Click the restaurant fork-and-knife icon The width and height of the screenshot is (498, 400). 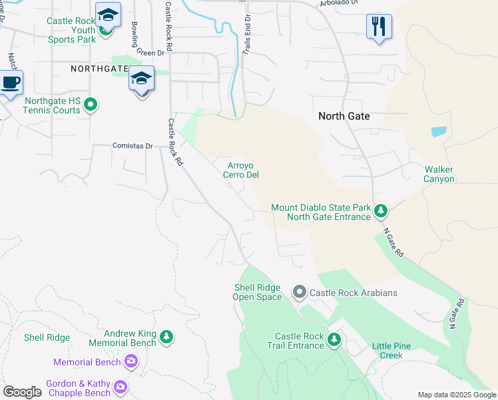(379, 27)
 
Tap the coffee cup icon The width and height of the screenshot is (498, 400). (11, 83)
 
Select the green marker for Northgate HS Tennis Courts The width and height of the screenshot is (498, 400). (92, 105)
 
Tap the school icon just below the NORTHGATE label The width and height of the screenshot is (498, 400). (141, 79)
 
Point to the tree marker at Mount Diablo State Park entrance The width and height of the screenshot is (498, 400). (380, 211)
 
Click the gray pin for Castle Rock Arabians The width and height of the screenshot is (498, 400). (300, 292)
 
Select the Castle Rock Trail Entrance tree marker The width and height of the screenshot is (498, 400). (334, 341)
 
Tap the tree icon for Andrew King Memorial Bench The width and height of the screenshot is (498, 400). (166, 338)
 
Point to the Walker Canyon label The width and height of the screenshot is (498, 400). (439, 174)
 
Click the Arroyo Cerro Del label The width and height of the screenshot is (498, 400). (240, 170)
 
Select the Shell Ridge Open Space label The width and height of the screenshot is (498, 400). (257, 292)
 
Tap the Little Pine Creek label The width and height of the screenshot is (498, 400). (391, 351)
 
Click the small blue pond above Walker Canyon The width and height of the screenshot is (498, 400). (439, 131)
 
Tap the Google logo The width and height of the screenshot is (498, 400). (22, 391)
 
